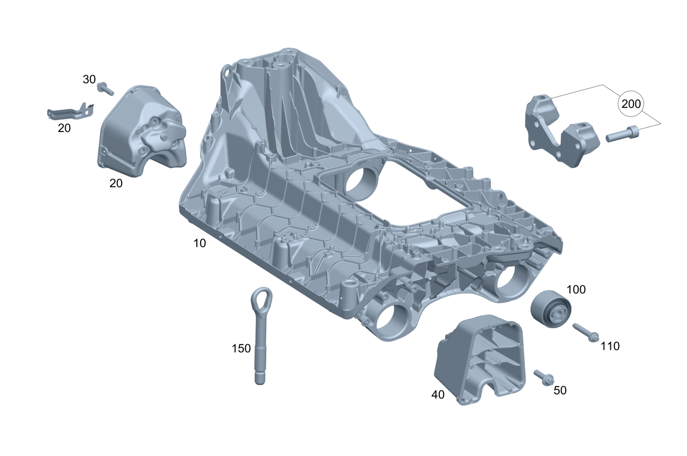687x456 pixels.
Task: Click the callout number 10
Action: (x=199, y=243)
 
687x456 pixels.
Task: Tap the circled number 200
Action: (x=631, y=104)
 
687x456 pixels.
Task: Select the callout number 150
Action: (x=241, y=348)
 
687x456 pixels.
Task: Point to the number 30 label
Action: (x=89, y=79)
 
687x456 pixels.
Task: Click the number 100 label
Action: (x=576, y=290)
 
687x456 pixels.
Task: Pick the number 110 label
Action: (x=610, y=346)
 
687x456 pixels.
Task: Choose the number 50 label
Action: (x=560, y=390)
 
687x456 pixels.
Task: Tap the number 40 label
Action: (x=438, y=395)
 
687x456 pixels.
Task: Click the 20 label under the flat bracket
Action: (x=64, y=128)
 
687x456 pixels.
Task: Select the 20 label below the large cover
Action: (x=116, y=183)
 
